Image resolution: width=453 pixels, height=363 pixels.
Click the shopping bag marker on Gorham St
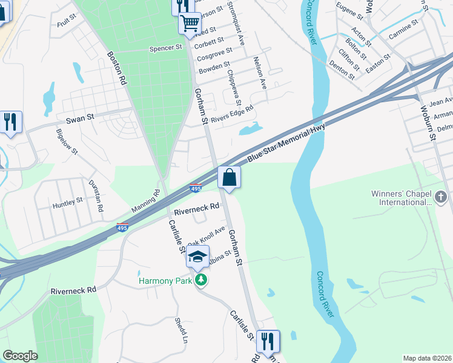(x=229, y=178)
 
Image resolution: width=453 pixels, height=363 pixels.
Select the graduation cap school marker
(x=197, y=257)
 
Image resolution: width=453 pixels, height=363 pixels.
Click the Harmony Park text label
(x=165, y=281)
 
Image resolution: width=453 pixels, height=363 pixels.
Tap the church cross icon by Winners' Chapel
(x=441, y=197)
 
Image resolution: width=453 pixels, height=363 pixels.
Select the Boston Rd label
(x=116, y=67)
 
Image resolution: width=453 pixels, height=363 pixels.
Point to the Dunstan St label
(x=96, y=195)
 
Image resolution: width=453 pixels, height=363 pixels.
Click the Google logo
(x=20, y=356)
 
